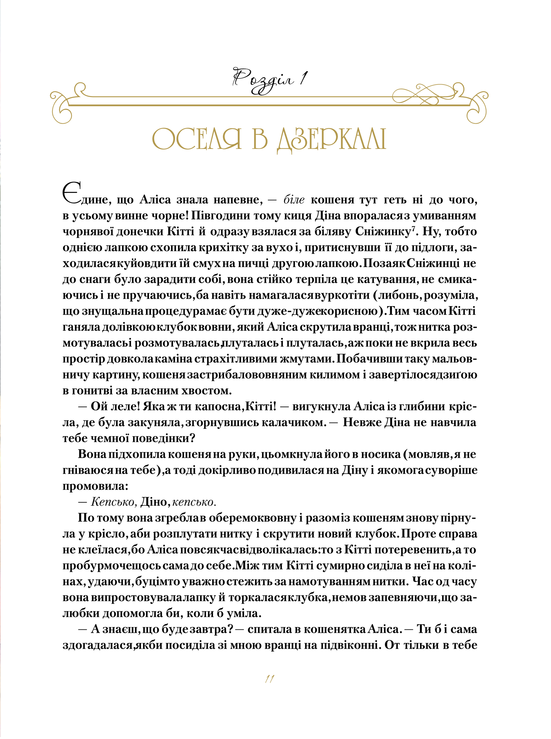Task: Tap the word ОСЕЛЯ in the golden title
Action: pos(197,139)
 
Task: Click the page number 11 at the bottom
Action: pos(270,679)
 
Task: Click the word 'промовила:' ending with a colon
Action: pos(95,486)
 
